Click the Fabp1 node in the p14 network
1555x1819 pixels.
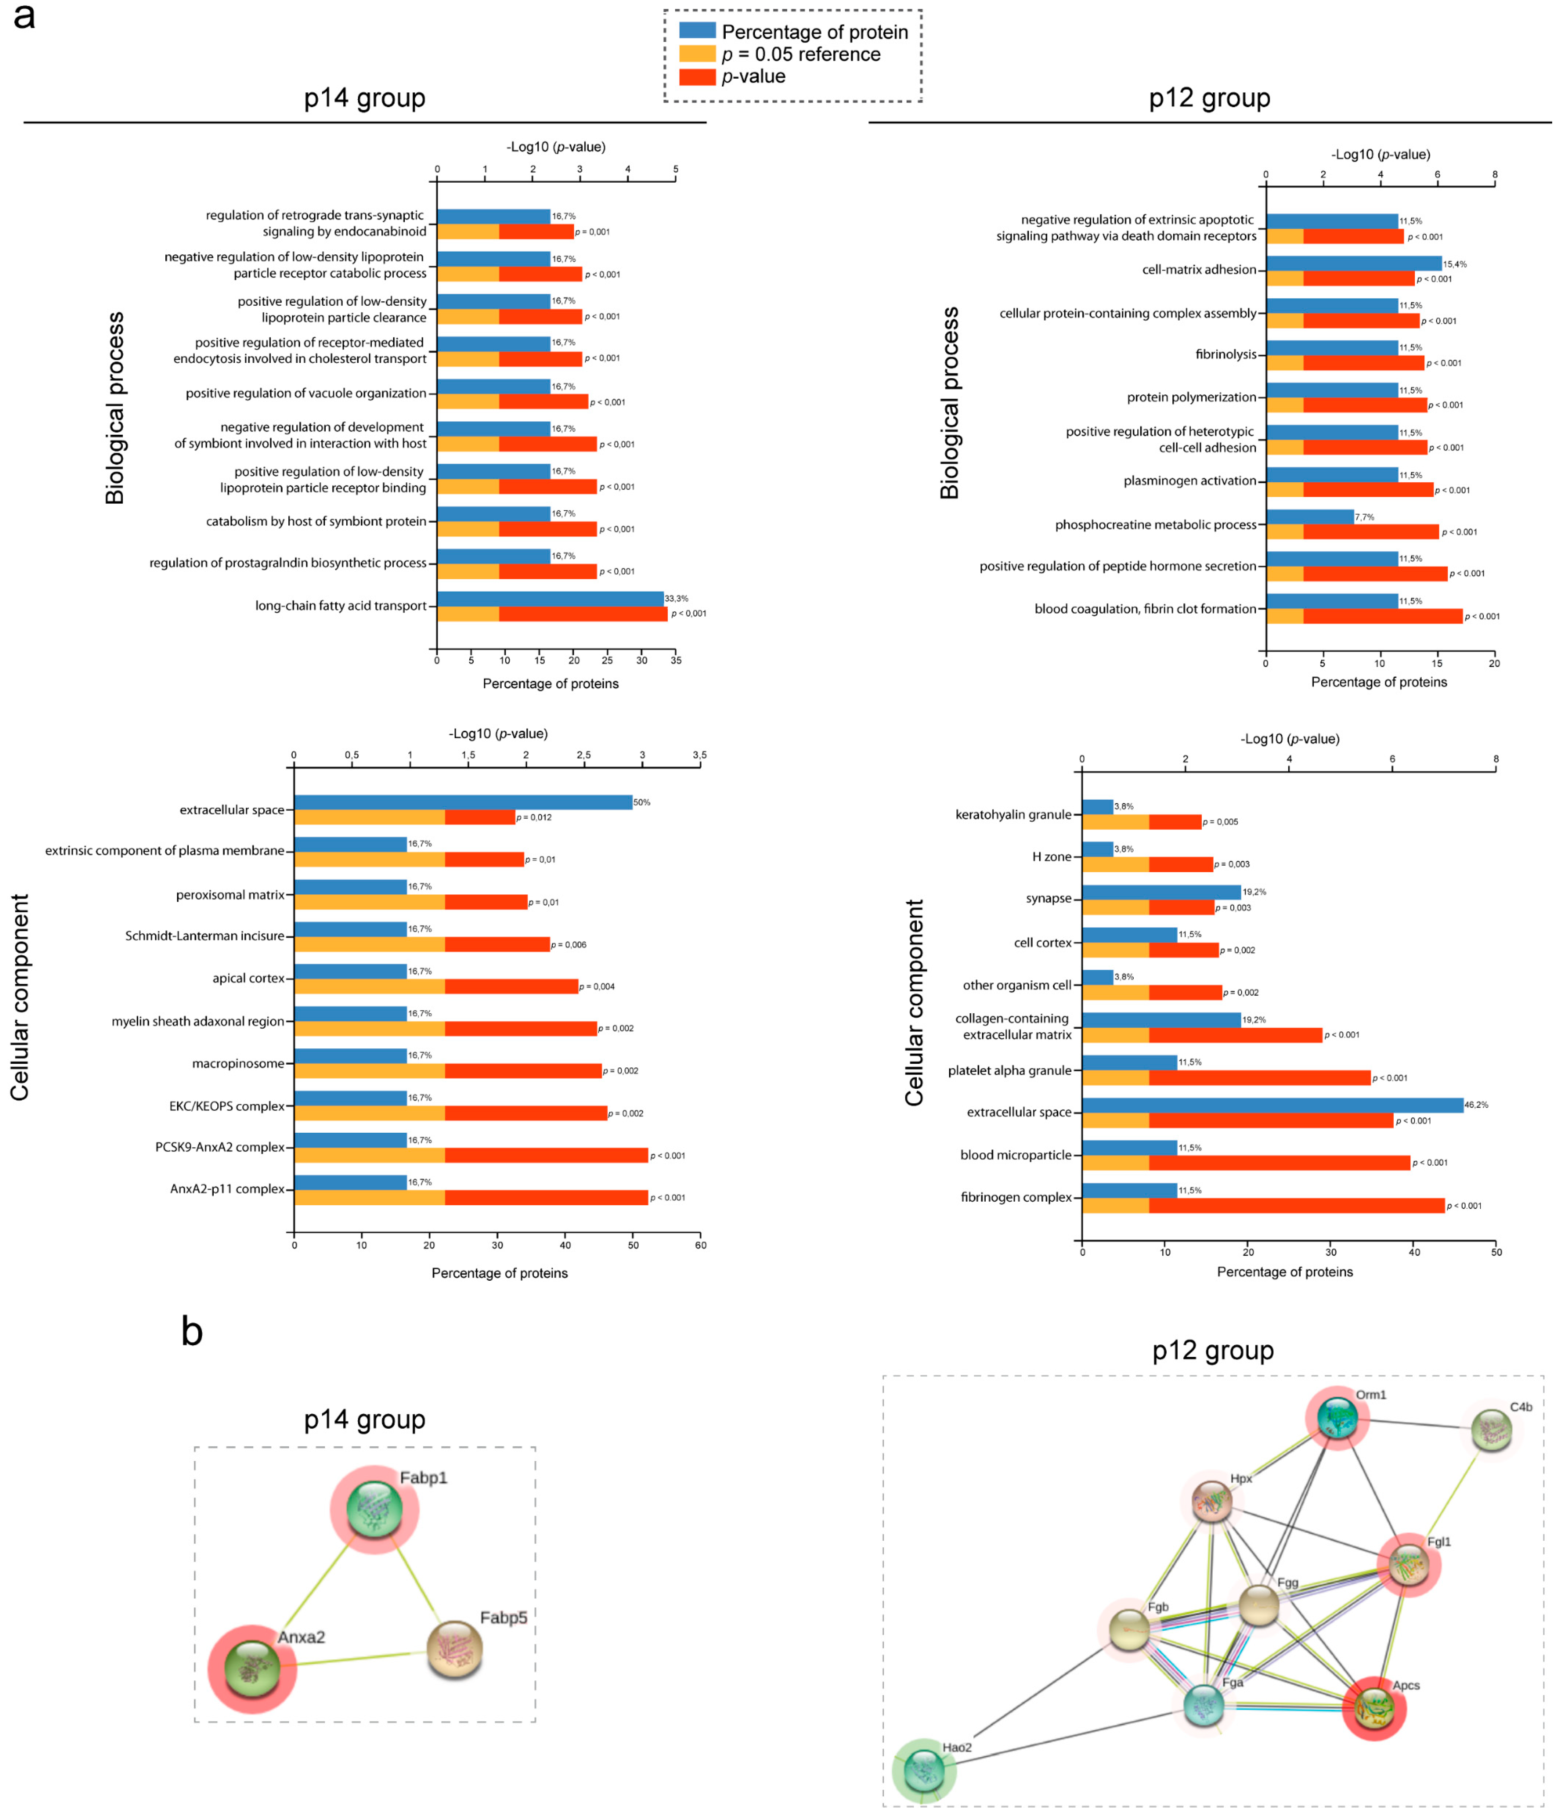(x=375, y=1508)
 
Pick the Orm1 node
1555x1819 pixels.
(x=1336, y=1417)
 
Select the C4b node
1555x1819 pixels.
(x=1491, y=1431)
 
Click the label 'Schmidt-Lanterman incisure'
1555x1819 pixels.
(x=204, y=936)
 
